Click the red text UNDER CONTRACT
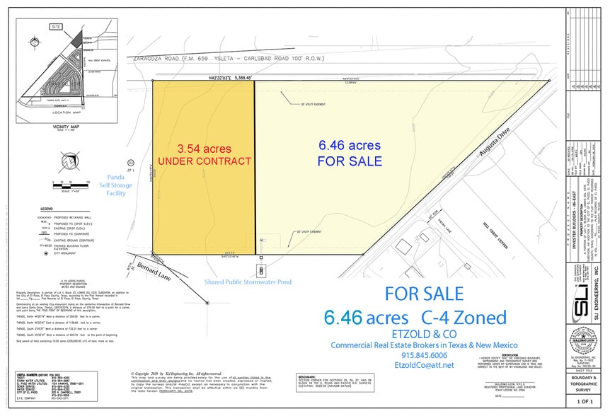click(x=205, y=161)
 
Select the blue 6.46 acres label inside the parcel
click(x=350, y=145)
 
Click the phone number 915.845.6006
click(x=424, y=355)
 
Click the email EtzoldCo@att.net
click(x=424, y=368)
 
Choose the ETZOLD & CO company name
click(x=423, y=333)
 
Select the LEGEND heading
click(x=47, y=209)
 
